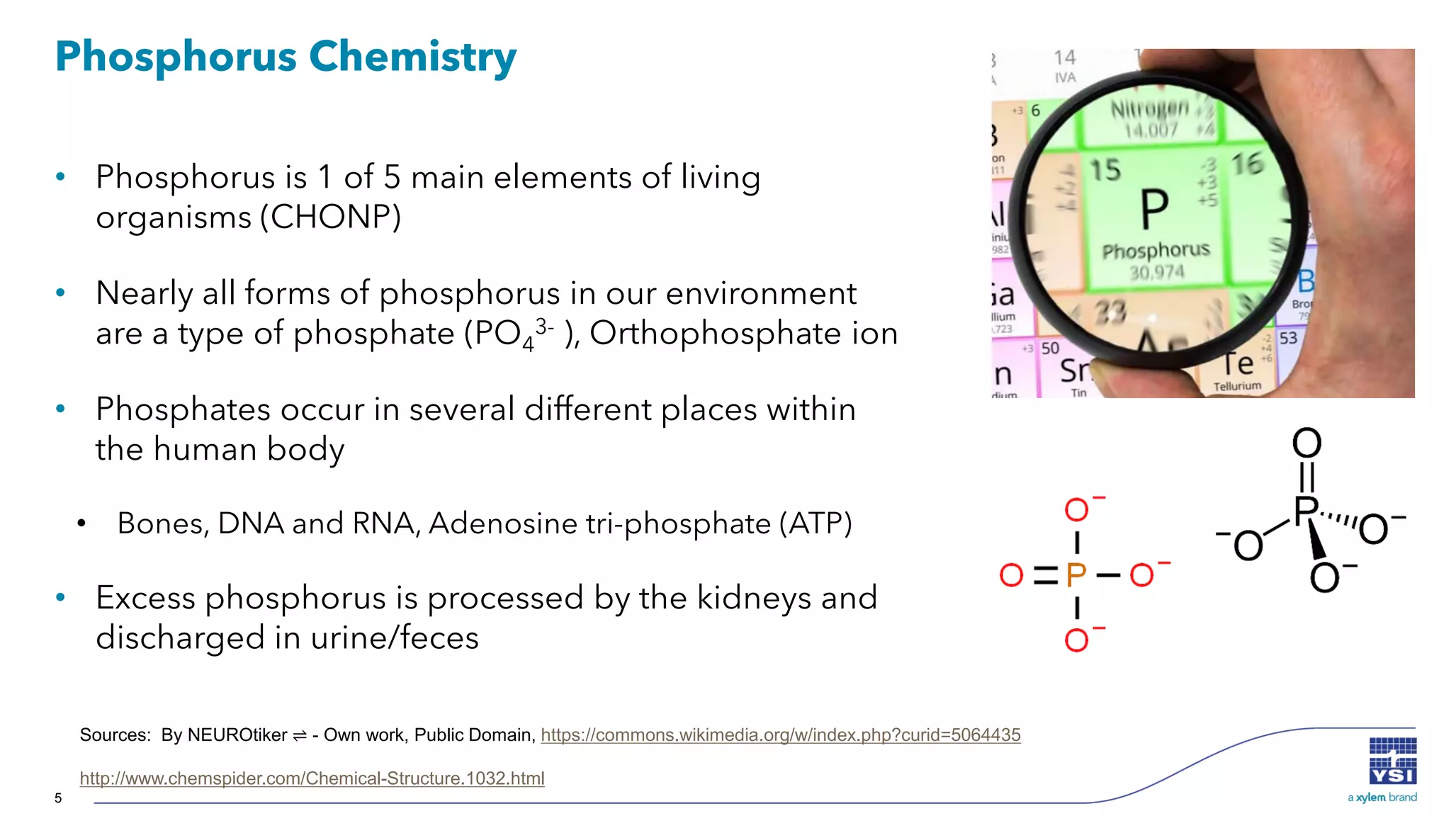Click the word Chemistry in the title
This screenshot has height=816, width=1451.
412,57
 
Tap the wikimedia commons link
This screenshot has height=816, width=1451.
780,735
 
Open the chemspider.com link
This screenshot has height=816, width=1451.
312,778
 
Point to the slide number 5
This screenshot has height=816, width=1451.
58,798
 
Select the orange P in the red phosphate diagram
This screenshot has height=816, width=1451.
1076,575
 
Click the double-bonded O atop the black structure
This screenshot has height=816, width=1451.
1306,443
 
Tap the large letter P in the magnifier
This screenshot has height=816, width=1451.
1154,210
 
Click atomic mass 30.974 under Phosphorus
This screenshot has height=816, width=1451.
1156,272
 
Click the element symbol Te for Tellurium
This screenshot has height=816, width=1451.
1237,364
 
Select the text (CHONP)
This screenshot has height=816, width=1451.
330,217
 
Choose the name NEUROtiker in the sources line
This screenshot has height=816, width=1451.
237,735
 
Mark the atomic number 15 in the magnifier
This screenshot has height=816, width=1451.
1105,170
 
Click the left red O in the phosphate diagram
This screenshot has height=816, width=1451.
1011,575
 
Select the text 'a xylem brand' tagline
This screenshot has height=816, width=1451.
1382,798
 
